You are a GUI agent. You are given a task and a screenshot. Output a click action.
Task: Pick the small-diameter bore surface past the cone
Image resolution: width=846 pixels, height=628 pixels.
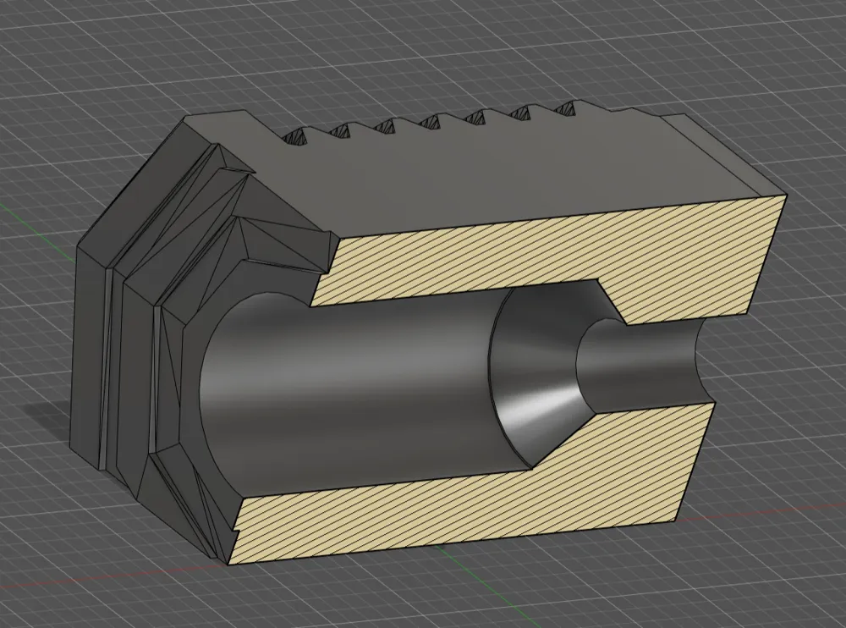[643, 355]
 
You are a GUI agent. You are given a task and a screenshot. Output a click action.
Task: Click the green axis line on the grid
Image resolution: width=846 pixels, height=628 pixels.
[25, 207]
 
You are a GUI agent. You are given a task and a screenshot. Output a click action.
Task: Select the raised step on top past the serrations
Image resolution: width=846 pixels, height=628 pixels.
[660, 118]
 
